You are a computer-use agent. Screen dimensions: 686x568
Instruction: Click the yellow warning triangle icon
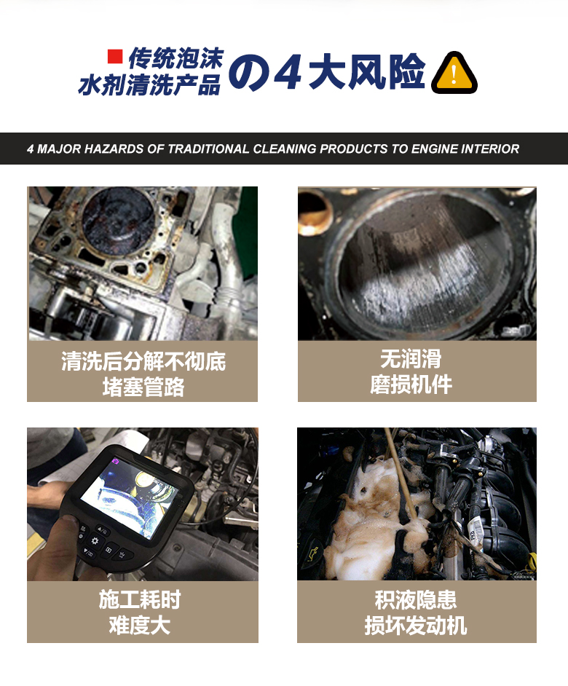click(x=454, y=74)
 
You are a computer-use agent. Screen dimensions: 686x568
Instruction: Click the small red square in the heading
click(x=114, y=56)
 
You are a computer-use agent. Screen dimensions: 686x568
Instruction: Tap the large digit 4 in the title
click(x=288, y=73)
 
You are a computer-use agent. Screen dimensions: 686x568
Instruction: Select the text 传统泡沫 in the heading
click(x=175, y=58)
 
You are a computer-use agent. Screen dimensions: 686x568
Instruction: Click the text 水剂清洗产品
click(x=149, y=85)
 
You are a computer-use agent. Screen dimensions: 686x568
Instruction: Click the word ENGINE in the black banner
click(x=433, y=149)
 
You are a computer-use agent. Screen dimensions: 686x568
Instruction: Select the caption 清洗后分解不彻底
click(x=143, y=361)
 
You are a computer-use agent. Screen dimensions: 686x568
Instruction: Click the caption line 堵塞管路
click(x=143, y=387)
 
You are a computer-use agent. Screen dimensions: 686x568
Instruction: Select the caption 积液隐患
click(x=416, y=600)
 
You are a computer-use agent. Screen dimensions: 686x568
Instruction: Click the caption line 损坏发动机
click(x=416, y=626)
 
